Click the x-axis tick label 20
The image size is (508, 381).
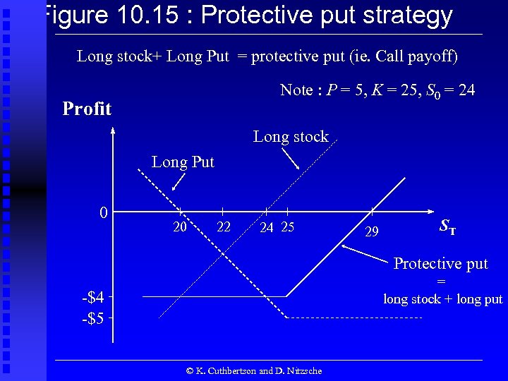point(180,227)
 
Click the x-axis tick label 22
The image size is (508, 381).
point(224,227)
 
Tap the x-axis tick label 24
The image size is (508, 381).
point(267,227)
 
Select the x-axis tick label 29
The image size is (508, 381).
point(372,231)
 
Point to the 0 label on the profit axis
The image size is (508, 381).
point(103,212)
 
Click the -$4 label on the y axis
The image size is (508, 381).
point(93,296)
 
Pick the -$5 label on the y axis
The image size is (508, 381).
point(93,318)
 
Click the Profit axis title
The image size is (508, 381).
point(87,109)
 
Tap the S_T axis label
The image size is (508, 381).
point(447,226)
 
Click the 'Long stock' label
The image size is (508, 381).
point(291,137)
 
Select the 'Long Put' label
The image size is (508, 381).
point(183,162)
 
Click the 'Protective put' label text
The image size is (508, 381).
point(440,264)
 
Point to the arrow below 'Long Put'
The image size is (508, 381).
point(179,182)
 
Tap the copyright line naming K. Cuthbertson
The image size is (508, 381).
point(254,370)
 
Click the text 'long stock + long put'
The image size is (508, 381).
point(442,299)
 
